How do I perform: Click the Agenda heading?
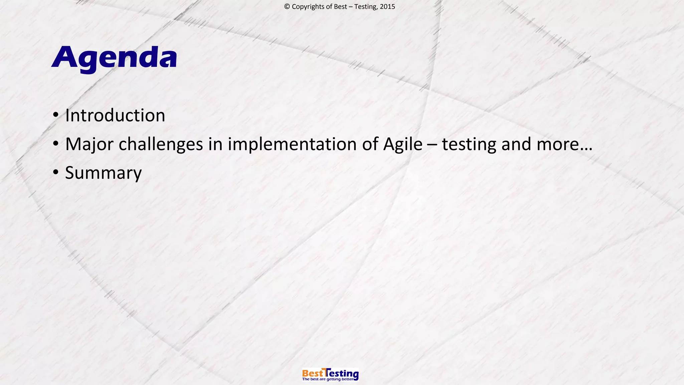pyautogui.click(x=115, y=57)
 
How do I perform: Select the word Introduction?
pyautogui.click(x=115, y=115)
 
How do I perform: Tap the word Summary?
pyautogui.click(x=103, y=173)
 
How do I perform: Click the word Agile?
pyautogui.click(x=402, y=144)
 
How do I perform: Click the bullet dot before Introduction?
pyautogui.click(x=56, y=115)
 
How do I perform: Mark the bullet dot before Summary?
pyautogui.click(x=56, y=173)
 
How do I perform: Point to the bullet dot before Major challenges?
pyautogui.click(x=56, y=144)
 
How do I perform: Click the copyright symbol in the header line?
pyautogui.click(x=287, y=7)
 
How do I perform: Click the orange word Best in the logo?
pyautogui.click(x=313, y=373)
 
